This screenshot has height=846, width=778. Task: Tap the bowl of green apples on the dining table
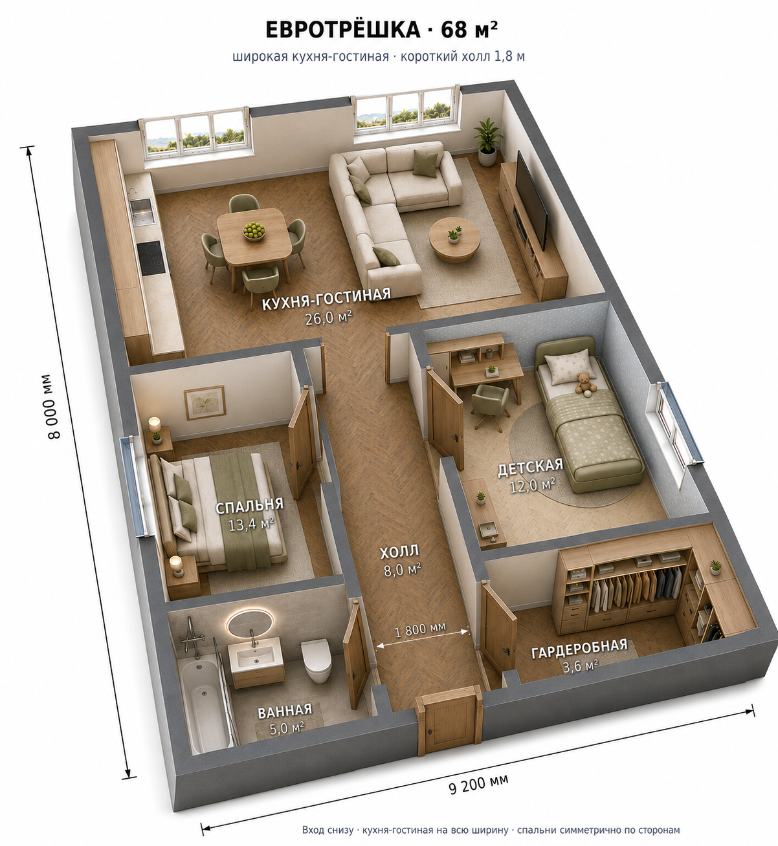click(254, 230)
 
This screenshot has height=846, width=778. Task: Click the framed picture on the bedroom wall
click(205, 402)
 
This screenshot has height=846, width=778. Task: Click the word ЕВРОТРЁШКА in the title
click(343, 30)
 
